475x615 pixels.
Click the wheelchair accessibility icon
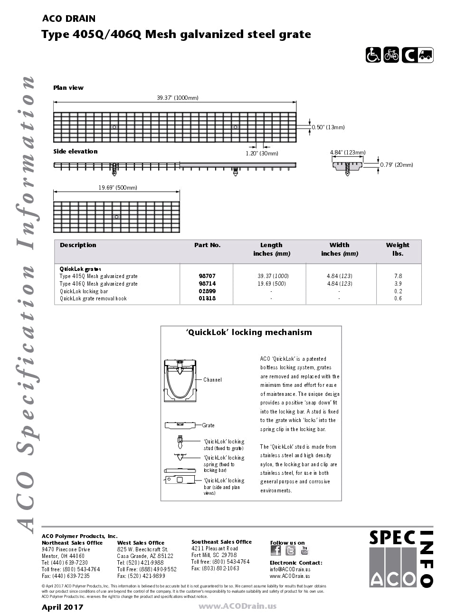tap(373, 55)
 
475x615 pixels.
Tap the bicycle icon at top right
tap(391, 55)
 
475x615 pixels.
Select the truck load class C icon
tap(418, 55)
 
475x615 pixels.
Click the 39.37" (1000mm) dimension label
tap(178, 98)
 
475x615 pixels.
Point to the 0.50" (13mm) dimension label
tap(328, 127)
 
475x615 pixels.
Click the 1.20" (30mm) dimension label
tap(262, 153)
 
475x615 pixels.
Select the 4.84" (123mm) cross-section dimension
tap(348, 153)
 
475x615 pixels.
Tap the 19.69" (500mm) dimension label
tap(118, 188)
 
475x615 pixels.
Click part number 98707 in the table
tap(207, 276)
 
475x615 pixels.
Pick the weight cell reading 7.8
tap(398, 276)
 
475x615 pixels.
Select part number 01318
tap(207, 298)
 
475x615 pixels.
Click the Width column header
tap(339, 245)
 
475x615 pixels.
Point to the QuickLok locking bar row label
tap(84, 291)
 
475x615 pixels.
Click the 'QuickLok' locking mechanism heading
tap(249, 333)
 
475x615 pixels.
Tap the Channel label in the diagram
tap(212, 380)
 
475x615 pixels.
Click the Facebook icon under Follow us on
tap(275, 550)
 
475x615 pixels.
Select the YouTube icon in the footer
tap(304, 550)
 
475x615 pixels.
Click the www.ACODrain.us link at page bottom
tap(237, 606)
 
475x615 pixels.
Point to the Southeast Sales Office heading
tap(221, 542)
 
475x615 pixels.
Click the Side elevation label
tap(76, 152)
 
